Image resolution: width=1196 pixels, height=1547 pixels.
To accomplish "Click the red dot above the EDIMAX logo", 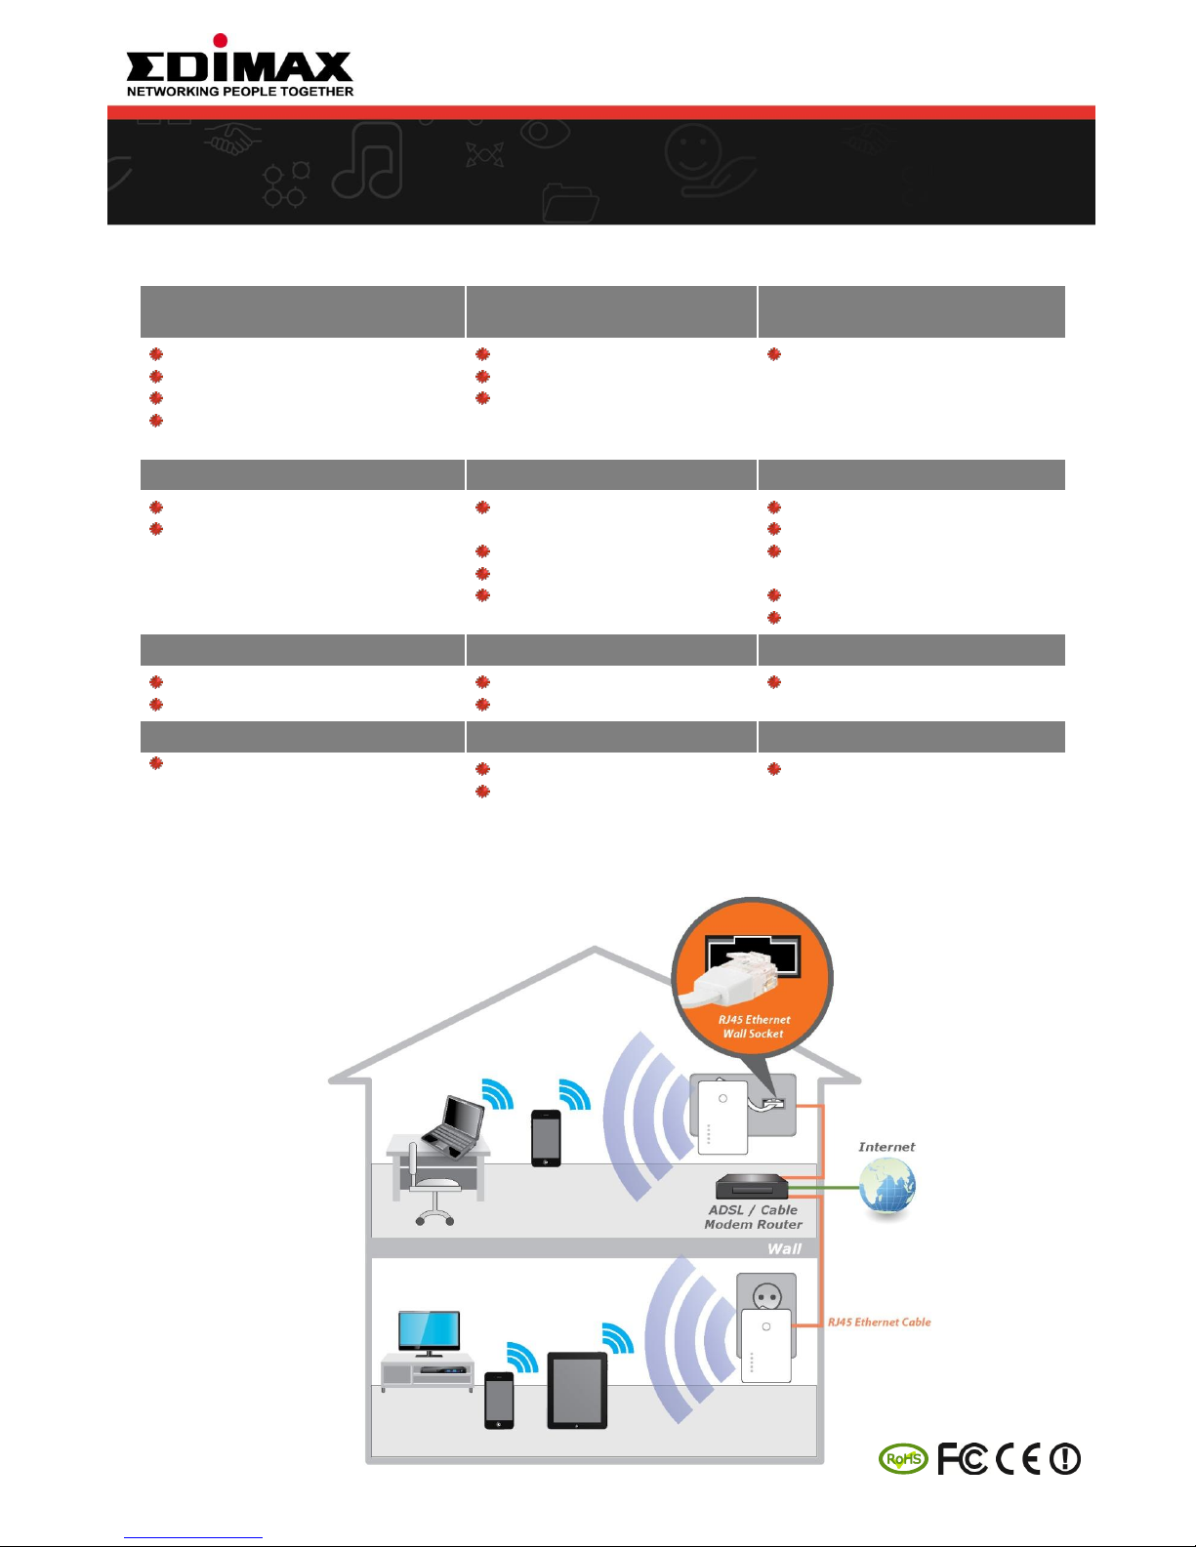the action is pos(220,40).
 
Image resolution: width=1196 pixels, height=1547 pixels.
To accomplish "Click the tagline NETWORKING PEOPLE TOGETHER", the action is pos(240,92).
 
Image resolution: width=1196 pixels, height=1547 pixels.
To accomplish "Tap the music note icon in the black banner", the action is pos(367,160).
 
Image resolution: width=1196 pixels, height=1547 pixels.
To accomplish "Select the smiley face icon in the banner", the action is pos(692,151).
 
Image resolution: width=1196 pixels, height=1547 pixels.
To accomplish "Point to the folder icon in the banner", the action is pos(569,203).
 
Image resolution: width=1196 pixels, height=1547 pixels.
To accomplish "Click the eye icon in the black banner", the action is pos(545,133).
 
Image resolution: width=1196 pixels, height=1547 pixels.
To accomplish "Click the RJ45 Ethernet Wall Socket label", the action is pos(753,1027).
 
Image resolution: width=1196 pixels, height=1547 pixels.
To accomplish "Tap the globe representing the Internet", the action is pos(887,1185).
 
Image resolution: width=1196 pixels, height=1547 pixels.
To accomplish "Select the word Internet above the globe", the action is pos(887,1147).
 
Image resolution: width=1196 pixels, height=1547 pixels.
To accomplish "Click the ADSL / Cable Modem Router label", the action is pos(753,1217).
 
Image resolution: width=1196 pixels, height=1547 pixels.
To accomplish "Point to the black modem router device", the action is pos(752,1186).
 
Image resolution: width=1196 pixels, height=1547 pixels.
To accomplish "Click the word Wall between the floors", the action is pos(784,1249).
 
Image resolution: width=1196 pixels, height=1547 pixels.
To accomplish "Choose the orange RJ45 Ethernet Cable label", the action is pos(880,1323).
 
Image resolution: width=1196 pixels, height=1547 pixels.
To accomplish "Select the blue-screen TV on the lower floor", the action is pos(430,1332).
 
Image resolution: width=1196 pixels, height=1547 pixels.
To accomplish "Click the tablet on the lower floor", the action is pos(577,1391).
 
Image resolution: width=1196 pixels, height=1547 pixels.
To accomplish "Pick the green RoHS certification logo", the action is pos(903,1459).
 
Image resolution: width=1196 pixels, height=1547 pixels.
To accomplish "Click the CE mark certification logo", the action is pos(1018,1459).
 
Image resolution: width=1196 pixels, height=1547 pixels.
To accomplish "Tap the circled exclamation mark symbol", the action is pos(1065,1459).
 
